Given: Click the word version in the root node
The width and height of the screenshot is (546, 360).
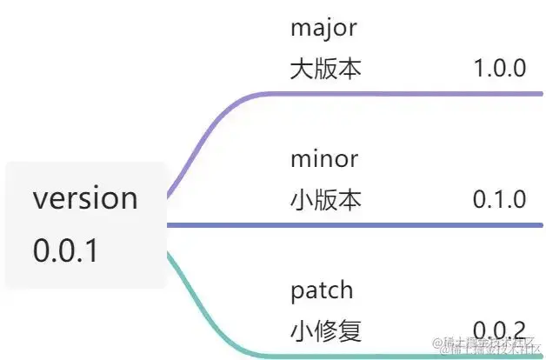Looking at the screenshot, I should [85, 199].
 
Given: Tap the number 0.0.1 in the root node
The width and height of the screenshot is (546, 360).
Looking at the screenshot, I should [66, 251].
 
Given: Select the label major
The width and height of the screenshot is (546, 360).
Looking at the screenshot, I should [323, 28].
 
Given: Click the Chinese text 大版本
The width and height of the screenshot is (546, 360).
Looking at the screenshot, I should [326, 69].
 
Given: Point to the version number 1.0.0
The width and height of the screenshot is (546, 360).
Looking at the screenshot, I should [499, 69].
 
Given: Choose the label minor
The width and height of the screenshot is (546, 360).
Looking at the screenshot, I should [324, 159].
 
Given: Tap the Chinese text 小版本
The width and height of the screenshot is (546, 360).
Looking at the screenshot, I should [326, 200].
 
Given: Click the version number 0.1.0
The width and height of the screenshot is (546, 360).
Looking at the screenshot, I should [499, 200].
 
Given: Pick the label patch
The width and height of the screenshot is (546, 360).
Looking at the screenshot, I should [322, 290].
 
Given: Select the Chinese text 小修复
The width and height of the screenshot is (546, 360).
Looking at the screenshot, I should [326, 331].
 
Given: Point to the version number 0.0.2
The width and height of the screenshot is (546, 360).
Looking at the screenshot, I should [499, 331].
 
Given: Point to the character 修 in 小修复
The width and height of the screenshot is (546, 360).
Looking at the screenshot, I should [326, 331].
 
